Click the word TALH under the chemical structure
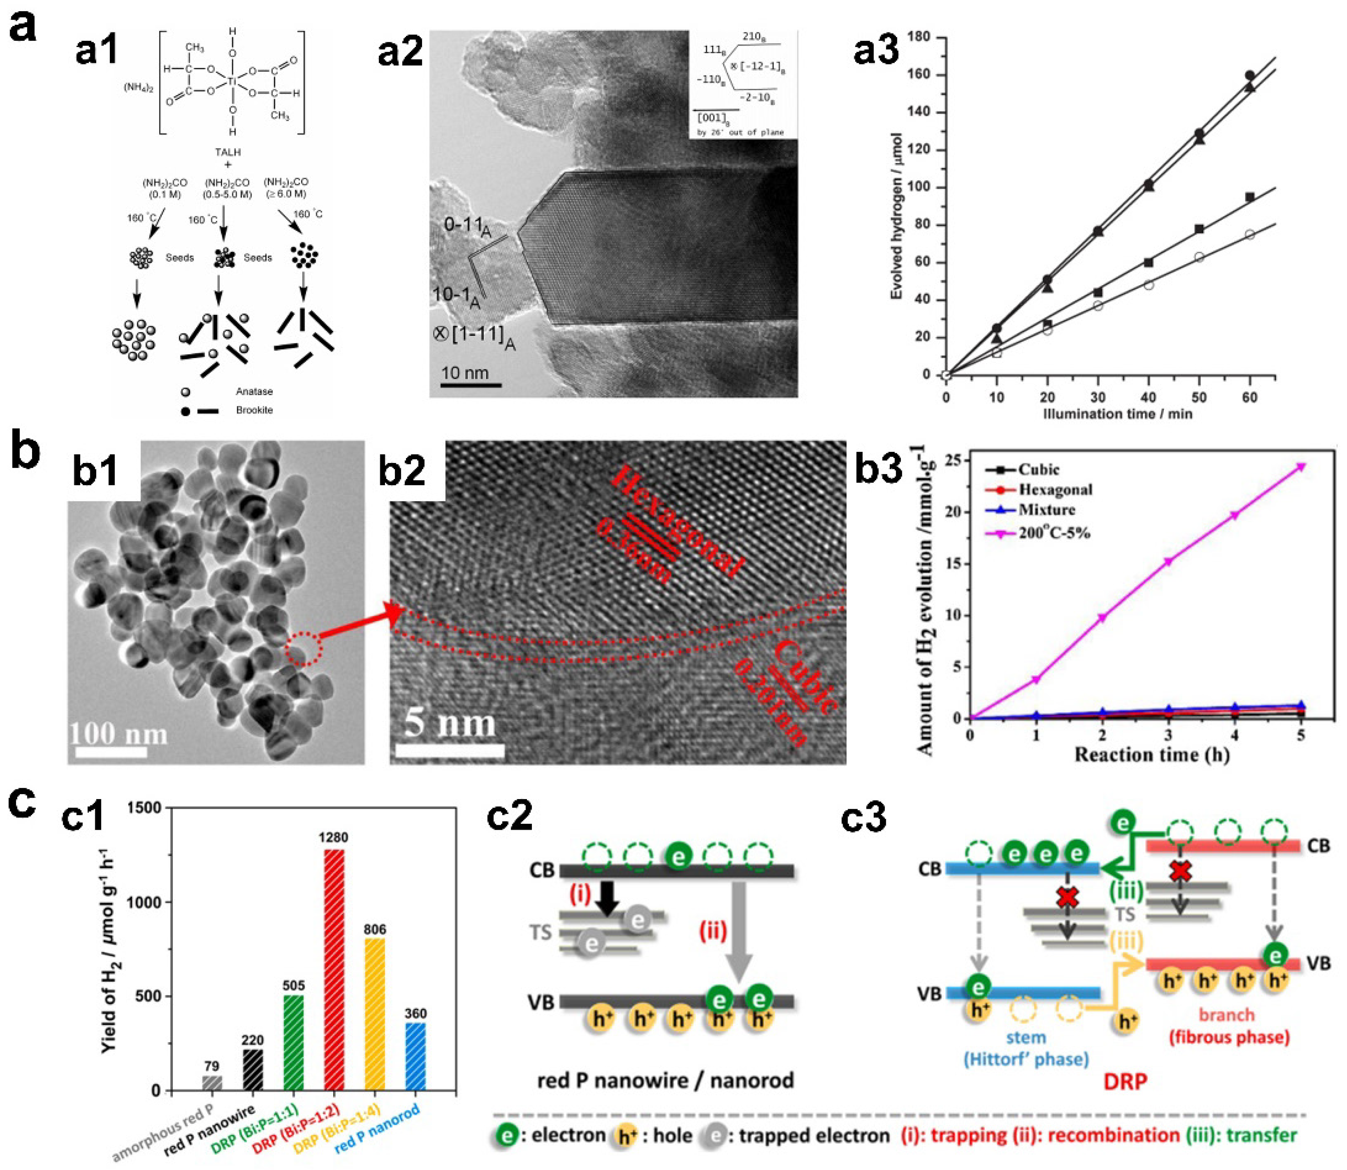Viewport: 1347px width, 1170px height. pos(228,152)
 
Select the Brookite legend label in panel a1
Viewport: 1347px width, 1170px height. pos(254,410)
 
